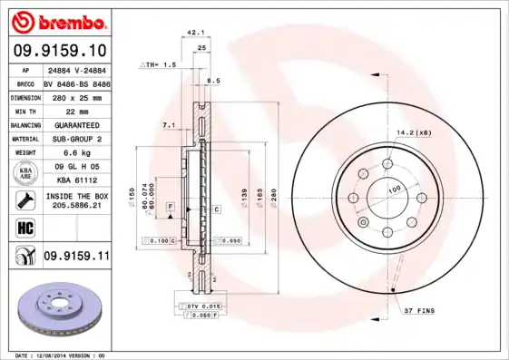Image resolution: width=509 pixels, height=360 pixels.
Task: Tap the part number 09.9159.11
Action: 75,257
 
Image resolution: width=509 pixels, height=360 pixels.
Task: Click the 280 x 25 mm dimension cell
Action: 75,95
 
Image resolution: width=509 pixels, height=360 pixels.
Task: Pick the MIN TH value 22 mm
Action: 75,110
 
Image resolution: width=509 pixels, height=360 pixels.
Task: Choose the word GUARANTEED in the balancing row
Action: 75,124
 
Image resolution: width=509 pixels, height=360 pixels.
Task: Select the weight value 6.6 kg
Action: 75,153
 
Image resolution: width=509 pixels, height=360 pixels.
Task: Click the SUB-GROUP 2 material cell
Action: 75,139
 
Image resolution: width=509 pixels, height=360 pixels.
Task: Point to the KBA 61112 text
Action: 75,180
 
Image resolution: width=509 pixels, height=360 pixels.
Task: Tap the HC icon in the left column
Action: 24,227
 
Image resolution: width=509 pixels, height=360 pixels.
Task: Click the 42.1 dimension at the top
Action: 193,32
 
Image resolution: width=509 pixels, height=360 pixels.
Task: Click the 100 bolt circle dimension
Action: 395,190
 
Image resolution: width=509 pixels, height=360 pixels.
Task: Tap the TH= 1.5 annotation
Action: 159,66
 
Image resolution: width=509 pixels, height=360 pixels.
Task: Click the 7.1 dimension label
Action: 169,123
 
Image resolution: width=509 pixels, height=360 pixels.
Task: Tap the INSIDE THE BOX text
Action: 75,196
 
